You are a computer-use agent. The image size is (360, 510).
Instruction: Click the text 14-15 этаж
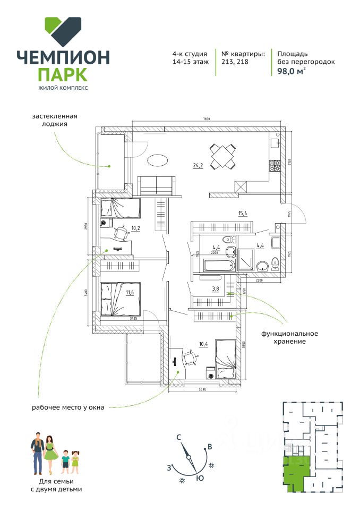point(190,62)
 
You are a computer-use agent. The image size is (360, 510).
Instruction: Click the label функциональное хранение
point(289,337)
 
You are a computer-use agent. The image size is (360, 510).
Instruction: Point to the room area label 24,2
point(198,165)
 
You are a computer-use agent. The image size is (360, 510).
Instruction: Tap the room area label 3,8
point(216,289)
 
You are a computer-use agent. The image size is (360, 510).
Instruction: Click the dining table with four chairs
point(224,156)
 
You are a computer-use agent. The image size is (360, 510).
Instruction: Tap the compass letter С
point(179,437)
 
